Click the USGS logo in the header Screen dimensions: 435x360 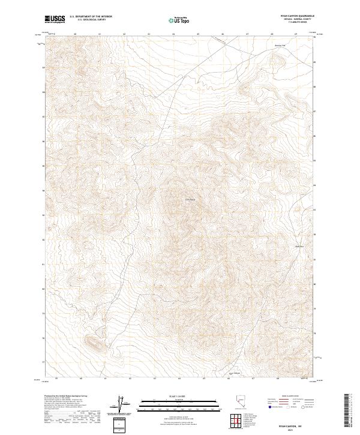(55, 19)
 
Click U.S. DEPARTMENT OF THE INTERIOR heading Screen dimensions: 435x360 (91, 16)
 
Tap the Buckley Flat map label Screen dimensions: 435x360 (298, 46)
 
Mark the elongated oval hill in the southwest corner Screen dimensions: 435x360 (95, 343)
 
